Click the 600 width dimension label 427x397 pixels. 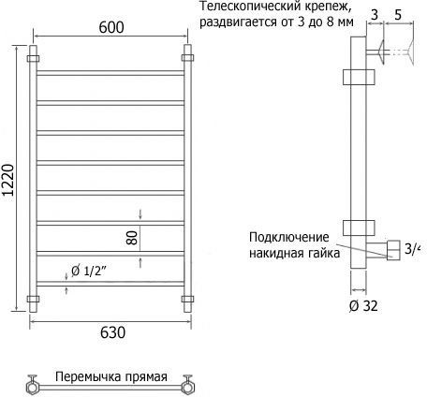[111, 27]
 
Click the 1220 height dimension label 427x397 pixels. [8, 180]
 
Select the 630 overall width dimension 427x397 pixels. [113, 332]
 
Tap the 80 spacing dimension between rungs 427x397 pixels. [132, 238]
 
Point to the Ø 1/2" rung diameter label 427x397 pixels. [89, 271]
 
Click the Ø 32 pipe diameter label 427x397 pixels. [363, 306]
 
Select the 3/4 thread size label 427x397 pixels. [412, 249]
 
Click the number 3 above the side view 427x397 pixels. [375, 14]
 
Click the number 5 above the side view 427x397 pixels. [398, 14]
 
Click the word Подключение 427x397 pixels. [289, 238]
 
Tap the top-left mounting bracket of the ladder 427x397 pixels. [33, 59]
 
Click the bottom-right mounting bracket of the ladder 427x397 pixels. [187, 299]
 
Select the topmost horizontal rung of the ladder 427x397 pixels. [110, 73]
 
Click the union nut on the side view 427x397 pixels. [393, 250]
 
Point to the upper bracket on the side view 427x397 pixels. [359, 77]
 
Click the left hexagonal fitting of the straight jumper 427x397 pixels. [32, 388]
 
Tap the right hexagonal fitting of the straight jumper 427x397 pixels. [188, 388]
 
